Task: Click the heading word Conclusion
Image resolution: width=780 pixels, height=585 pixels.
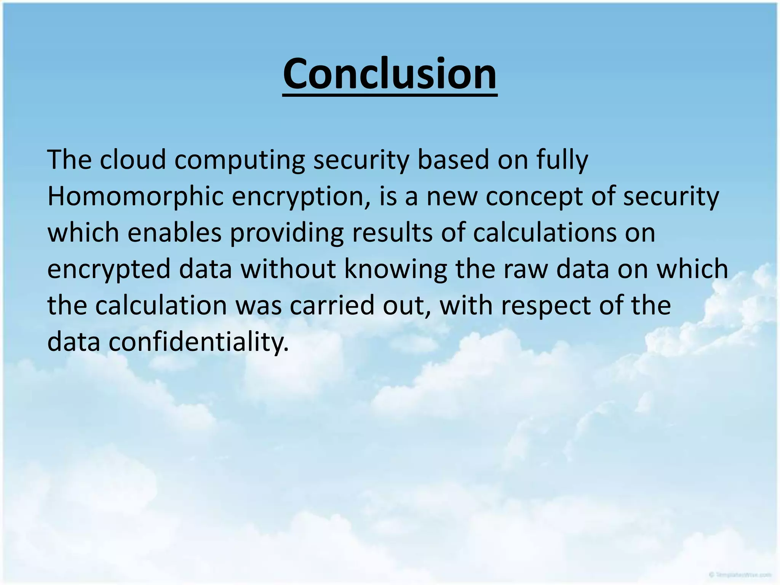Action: [390, 74]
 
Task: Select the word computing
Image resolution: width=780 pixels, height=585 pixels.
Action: [240, 160]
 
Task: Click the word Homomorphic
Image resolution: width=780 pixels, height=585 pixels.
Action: [135, 196]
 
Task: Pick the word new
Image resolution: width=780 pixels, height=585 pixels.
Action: [451, 196]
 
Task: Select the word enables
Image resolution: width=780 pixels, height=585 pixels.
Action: [174, 233]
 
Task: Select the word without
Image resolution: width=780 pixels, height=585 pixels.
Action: [288, 269]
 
